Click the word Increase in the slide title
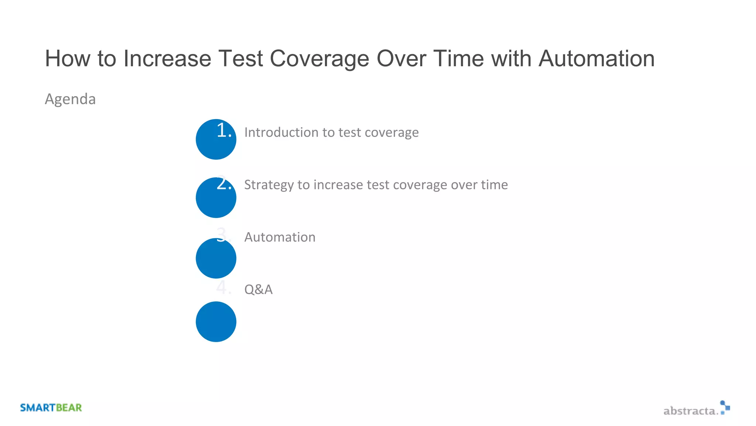[167, 58]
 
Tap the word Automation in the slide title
[597, 58]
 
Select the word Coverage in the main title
[319, 59]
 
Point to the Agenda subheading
[70, 99]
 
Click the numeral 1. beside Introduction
[224, 131]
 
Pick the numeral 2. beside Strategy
[224, 183]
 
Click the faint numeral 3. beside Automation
[223, 235]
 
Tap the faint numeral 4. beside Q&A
[223, 288]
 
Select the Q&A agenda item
[258, 290]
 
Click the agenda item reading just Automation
[280, 237]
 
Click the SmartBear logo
[51, 408]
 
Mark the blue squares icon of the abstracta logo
[725, 407]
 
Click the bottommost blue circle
[216, 322]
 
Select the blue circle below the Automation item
[216, 258]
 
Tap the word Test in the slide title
[240, 58]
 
